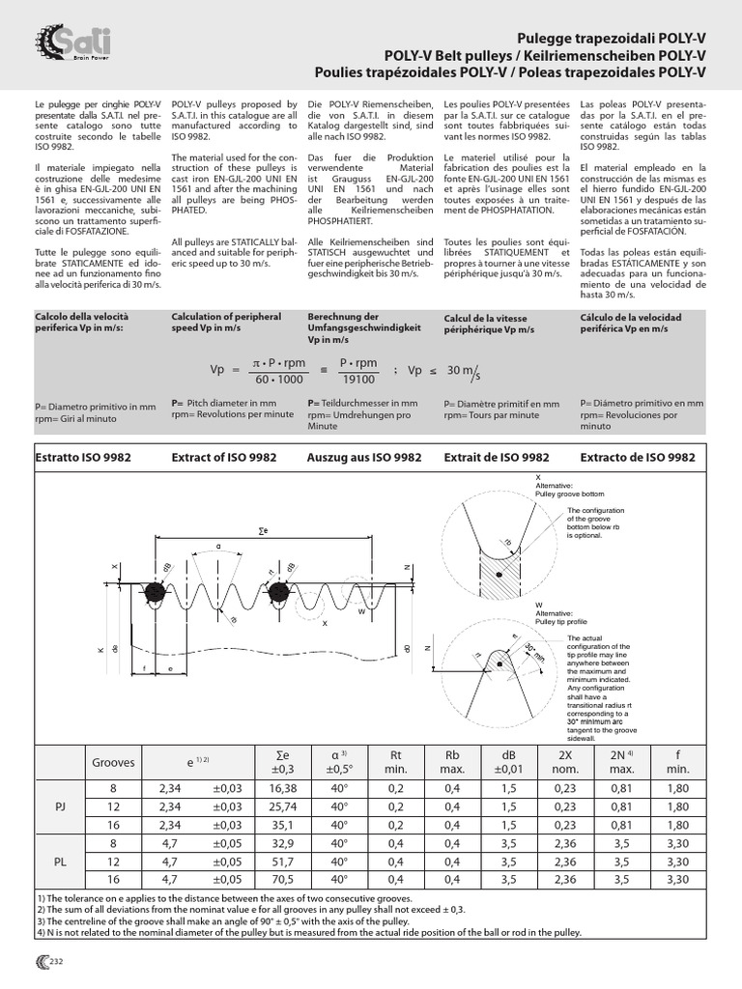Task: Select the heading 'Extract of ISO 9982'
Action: pyautogui.click(x=223, y=457)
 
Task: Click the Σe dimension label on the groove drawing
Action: pyautogui.click(x=263, y=531)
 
